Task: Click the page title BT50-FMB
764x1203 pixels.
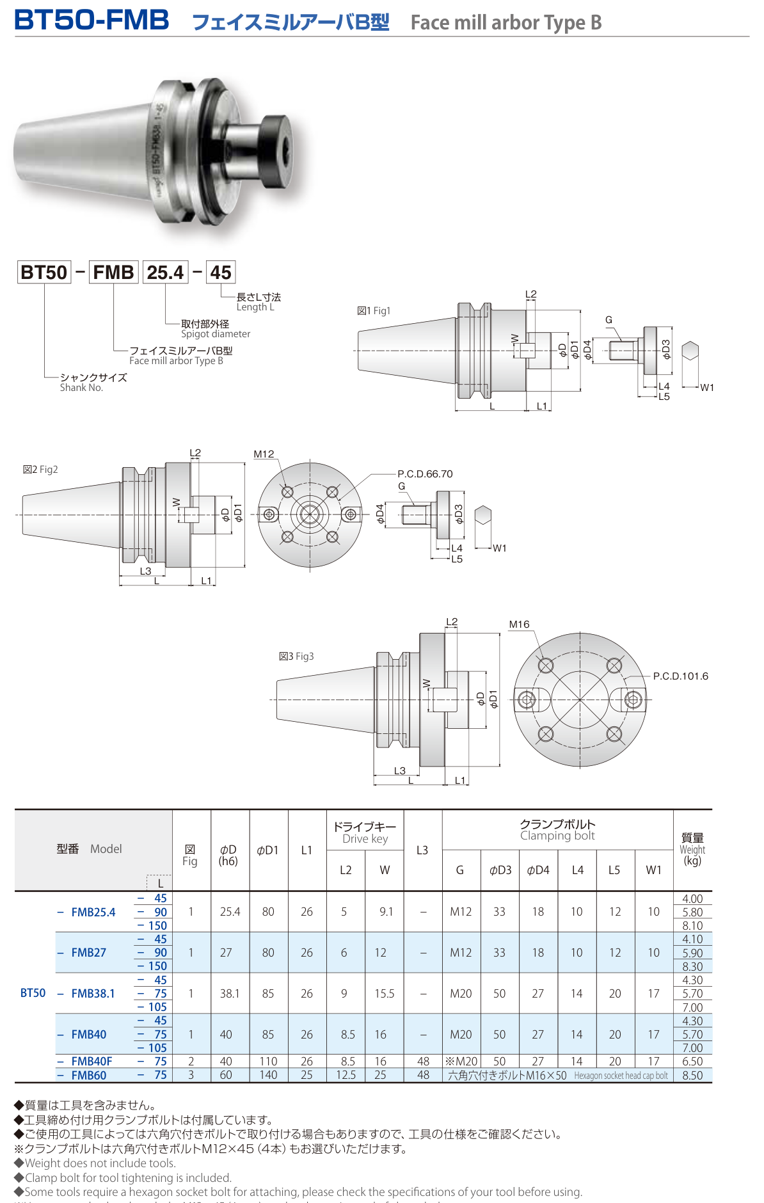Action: point(92,20)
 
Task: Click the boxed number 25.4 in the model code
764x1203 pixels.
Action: point(165,273)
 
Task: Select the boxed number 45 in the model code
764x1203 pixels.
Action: point(221,273)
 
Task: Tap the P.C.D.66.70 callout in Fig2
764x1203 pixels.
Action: point(425,474)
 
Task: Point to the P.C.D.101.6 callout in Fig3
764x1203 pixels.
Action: point(680,676)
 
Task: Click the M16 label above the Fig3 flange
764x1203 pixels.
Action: point(519,625)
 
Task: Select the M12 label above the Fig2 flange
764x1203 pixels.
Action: point(264,454)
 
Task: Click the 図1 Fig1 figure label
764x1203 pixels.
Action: point(374,311)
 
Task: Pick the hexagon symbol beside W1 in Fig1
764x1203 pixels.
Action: point(690,351)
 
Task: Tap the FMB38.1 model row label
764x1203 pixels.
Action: point(93,994)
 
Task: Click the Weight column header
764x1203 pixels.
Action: point(692,849)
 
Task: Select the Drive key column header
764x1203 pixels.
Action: point(365,833)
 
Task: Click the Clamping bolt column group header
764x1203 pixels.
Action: point(557,830)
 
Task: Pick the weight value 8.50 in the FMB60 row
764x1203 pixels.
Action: point(692,1076)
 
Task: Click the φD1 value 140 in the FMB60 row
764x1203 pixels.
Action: point(268,1076)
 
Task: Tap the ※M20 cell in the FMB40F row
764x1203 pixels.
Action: point(461,1062)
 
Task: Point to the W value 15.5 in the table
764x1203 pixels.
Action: point(384,994)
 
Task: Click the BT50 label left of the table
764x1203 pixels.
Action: point(33,993)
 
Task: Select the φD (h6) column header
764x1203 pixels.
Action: point(228,855)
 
